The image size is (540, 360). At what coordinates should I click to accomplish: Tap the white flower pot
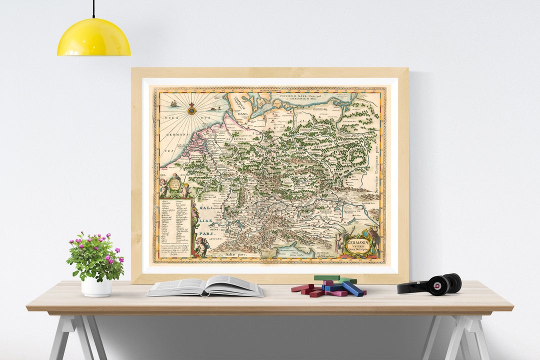[x=96, y=286]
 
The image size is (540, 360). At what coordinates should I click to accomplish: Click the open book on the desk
[x=205, y=286]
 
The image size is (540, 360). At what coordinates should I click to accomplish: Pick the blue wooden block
[x=352, y=288]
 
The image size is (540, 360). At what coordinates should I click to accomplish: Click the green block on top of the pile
[x=327, y=277]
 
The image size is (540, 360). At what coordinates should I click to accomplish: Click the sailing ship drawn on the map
[x=173, y=103]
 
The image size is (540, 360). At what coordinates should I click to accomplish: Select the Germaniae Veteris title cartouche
[x=358, y=245]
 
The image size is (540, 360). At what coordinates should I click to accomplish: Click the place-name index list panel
[x=175, y=228]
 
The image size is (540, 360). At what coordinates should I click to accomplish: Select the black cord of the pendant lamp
[x=93, y=10]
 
